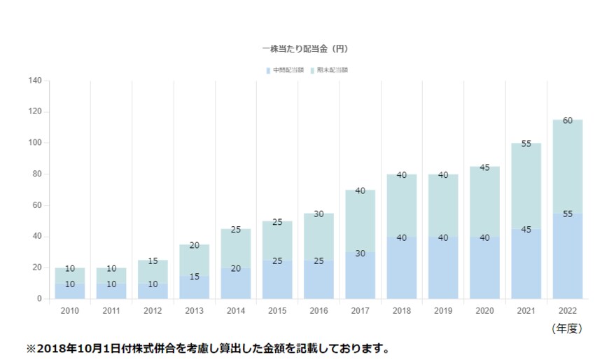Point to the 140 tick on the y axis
[x=36, y=81]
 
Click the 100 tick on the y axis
[x=36, y=143]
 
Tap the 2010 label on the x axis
[x=70, y=310]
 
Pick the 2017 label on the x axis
[x=360, y=310]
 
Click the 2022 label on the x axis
[x=568, y=310]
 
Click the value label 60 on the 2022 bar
[x=568, y=120]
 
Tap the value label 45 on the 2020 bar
[x=484, y=167]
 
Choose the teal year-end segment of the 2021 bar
[x=526, y=189]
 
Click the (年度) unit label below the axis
[x=567, y=328]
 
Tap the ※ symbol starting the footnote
[x=30, y=348]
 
